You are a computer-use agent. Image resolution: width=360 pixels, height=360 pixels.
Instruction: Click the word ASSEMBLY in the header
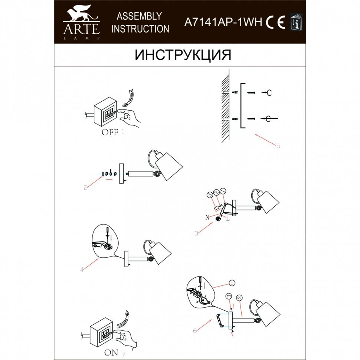tap(139, 16)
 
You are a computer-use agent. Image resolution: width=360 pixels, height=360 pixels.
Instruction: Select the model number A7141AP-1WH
tap(223, 22)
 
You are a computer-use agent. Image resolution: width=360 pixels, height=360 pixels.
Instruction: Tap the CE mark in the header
tap(275, 22)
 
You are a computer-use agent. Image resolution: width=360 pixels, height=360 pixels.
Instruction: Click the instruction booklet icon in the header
tap(296, 22)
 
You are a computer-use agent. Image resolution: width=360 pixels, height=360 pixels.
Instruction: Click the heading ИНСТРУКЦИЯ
tap(183, 55)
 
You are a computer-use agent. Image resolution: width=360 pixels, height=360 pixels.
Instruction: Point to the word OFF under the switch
tap(110, 132)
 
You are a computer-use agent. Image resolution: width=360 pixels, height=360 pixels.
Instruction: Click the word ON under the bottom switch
tap(111, 353)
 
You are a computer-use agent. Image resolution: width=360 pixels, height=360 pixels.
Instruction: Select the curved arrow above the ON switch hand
tap(124, 319)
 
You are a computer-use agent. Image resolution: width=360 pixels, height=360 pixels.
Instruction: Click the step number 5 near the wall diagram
tap(278, 146)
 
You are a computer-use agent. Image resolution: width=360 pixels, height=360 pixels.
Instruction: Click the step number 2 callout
tap(86, 187)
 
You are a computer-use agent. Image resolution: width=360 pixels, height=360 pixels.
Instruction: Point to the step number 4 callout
tap(82, 269)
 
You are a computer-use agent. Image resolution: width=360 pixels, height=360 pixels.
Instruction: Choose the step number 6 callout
tap(195, 331)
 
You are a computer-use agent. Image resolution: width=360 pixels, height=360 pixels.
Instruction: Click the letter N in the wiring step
tap(207, 217)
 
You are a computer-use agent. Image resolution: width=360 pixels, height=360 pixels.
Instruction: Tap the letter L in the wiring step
tap(228, 218)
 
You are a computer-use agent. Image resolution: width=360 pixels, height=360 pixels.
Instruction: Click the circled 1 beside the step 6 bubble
tap(232, 283)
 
